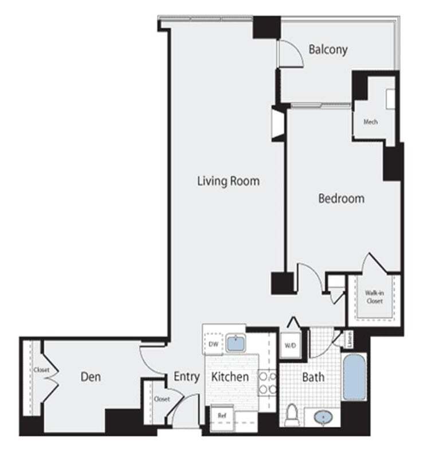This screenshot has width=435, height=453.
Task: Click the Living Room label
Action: pos(228,181)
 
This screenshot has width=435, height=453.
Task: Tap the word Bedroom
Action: pos(341,198)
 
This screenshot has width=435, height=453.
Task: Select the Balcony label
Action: pos(328,49)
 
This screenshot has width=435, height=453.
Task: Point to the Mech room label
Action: pos(370,122)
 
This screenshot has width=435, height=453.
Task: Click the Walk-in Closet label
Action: pos(374,296)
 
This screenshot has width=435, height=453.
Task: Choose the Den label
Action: pos(91,377)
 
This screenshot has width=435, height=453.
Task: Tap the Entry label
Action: pos(186,377)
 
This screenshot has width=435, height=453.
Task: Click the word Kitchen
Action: pos(230,377)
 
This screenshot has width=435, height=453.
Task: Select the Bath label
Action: pos(313,377)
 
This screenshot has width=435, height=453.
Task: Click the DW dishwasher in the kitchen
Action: pos(213,344)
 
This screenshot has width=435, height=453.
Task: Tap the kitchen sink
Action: pos(235,343)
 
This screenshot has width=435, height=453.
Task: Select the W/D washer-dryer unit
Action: pos(289,346)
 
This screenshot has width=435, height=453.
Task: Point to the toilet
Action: pos(292,414)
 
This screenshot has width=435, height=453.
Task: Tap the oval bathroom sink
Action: pos(323,417)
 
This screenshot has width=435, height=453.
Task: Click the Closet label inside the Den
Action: pos(41,370)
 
